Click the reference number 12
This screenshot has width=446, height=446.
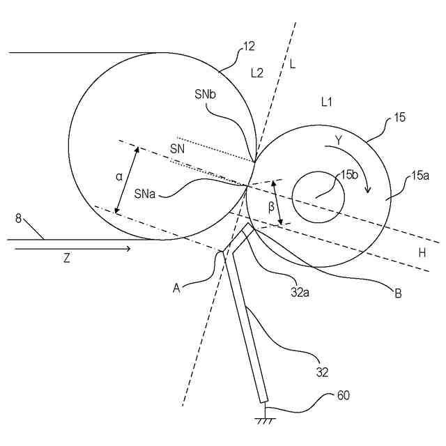coord(249,47)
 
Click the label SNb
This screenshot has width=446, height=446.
coord(208,95)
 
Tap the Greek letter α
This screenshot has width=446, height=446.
coord(120,177)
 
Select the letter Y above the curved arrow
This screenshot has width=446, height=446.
coord(338,140)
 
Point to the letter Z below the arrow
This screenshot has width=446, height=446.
coord(66,258)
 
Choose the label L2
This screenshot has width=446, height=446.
coord(257,72)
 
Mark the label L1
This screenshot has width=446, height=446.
coord(326,102)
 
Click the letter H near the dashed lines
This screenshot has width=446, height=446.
coord(422,254)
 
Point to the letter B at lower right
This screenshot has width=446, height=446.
coord(398,293)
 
